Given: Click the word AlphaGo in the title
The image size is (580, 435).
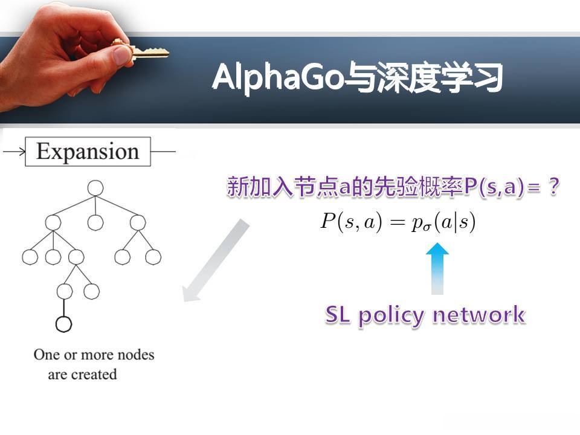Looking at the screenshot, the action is [x=278, y=78].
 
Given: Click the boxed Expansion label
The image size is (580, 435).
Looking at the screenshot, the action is [x=87, y=151].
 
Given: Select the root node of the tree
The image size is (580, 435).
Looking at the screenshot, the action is [x=95, y=188].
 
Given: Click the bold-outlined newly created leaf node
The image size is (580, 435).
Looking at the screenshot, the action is [x=63, y=324].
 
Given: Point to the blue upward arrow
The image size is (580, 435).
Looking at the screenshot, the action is [x=437, y=268].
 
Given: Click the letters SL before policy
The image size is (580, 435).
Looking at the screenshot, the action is [x=342, y=314].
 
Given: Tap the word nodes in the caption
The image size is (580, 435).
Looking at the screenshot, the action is [x=135, y=354].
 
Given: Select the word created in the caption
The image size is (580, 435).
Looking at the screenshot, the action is [x=94, y=375].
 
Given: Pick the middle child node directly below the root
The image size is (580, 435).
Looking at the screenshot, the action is [x=95, y=222].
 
